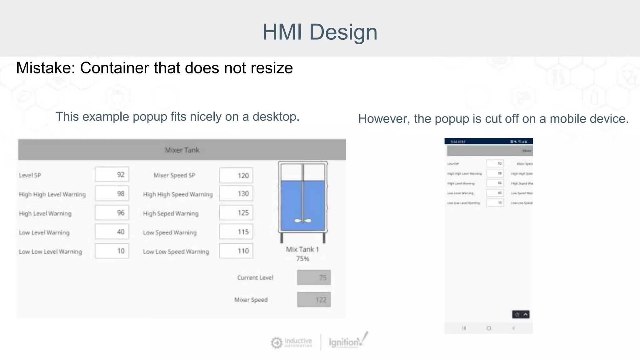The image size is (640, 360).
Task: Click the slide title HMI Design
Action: click(320, 32)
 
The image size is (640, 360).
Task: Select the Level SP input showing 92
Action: click(112, 174)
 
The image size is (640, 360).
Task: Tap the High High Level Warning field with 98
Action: click(112, 194)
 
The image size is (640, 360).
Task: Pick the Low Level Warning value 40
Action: click(112, 232)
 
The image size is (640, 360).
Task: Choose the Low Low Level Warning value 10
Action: click(112, 251)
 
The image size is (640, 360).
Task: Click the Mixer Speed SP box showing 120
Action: click(236, 175)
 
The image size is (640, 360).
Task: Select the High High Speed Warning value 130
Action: click(236, 194)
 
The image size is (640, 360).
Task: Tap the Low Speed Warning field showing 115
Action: click(236, 232)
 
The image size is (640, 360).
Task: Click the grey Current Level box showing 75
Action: click(314, 277)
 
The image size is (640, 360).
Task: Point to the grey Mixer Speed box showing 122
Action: click(314, 300)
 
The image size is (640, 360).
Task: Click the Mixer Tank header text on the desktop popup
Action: click(182, 150)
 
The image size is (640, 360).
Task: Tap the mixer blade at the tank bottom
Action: click(303, 221)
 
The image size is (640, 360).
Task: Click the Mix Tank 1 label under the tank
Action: click(302, 249)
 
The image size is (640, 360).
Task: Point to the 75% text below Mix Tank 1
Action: click(302, 259)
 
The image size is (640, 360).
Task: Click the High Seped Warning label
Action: click(171, 213)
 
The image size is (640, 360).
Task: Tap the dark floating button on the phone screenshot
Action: click(521, 314)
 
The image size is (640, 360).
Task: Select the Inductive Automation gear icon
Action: click(277, 343)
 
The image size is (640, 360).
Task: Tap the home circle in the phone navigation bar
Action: click(489, 328)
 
